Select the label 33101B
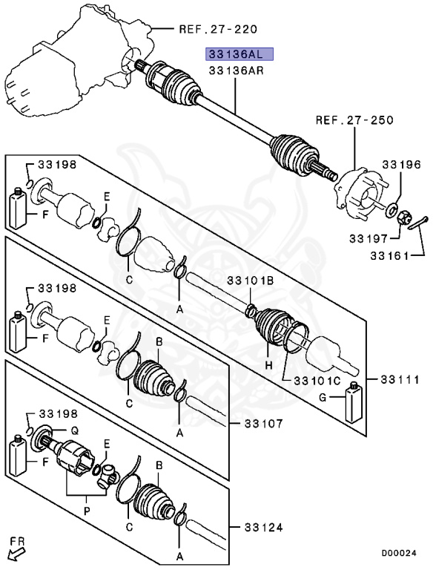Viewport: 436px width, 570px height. [x=251, y=281]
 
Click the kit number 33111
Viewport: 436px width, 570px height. [x=401, y=379]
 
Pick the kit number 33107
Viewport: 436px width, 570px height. [x=262, y=424]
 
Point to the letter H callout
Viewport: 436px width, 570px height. [x=269, y=367]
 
